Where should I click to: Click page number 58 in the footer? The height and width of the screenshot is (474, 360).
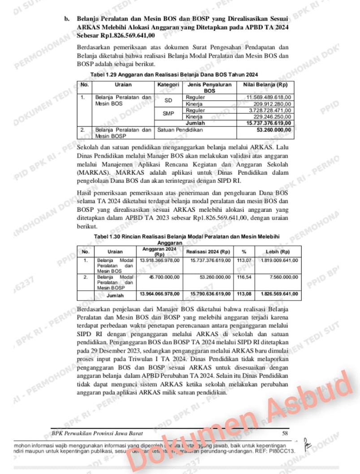(284, 433)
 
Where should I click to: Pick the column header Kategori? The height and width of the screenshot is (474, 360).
(169, 84)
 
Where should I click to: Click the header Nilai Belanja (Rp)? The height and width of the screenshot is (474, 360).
(265, 84)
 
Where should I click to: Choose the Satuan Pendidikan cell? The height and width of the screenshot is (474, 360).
(179, 130)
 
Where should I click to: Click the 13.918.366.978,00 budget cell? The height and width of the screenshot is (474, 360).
(160, 260)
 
